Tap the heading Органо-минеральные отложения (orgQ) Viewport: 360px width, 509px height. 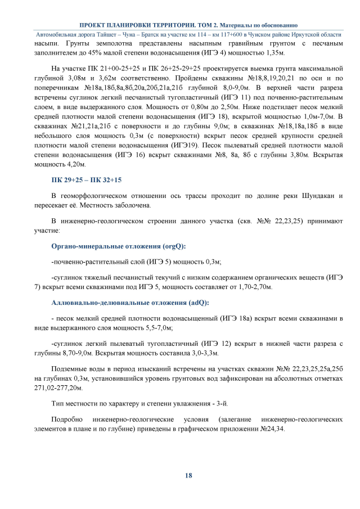click(119, 246)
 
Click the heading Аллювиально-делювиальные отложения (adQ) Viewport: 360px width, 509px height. click(130, 303)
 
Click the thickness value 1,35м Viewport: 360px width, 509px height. click(272, 53)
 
